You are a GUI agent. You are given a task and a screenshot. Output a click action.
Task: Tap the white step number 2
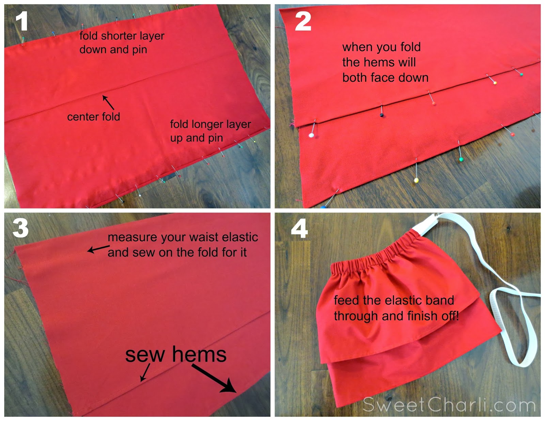click(303, 21)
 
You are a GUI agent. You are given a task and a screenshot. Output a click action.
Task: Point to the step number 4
click(299, 228)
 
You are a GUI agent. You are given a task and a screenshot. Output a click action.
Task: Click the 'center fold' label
click(94, 117)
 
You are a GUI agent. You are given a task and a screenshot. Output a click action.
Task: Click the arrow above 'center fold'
click(108, 102)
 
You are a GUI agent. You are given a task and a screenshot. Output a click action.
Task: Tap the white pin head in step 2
click(311, 135)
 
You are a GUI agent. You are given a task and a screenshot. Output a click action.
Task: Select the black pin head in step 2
click(381, 115)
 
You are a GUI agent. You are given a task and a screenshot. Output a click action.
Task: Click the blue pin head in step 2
click(323, 207)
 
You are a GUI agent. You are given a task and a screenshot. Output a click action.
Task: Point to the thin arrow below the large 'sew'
click(145, 373)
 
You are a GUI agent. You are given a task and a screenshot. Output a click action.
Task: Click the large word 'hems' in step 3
click(199, 355)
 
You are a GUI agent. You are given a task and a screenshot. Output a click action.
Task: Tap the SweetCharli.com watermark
click(449, 404)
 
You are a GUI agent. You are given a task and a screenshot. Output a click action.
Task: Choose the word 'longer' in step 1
click(206, 124)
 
